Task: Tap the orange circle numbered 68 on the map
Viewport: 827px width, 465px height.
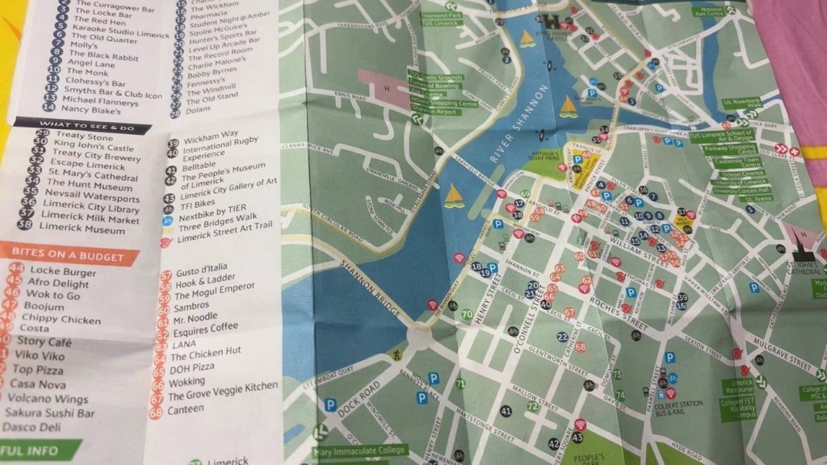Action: click(580, 347)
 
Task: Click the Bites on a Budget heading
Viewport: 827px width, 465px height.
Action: click(68, 257)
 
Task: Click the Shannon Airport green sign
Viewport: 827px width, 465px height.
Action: click(439, 111)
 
